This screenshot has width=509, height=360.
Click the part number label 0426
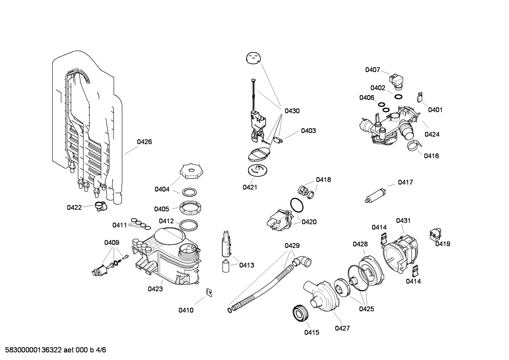coord(144,142)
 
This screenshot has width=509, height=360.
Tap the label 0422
coord(74,207)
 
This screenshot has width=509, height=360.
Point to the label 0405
coord(161,209)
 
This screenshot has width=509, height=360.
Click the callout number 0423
coord(155,289)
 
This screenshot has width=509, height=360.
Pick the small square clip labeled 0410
coord(209,292)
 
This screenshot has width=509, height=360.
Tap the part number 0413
coord(246,265)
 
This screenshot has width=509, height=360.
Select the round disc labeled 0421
coord(257,170)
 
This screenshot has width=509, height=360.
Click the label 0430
coord(292,111)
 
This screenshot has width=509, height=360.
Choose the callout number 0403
coord(308,131)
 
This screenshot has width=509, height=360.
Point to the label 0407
coord(372,70)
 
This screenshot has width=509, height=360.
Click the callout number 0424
coord(432,134)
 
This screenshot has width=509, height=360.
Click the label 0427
coord(342,328)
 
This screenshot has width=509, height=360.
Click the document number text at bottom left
coord(53,350)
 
